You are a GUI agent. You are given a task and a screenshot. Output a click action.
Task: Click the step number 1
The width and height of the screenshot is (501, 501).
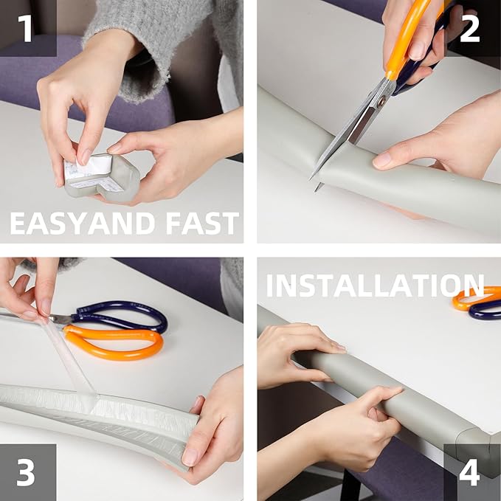25,28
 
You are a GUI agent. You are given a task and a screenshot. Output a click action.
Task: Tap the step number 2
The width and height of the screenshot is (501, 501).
470,28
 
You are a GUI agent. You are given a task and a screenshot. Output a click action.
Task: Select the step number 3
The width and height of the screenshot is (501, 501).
26,472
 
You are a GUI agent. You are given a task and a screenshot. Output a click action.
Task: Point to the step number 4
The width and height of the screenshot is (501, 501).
469,472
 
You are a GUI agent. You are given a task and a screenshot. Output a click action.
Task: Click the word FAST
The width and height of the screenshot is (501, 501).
202,224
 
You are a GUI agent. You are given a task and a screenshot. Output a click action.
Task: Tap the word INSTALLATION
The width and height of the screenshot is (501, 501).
375,285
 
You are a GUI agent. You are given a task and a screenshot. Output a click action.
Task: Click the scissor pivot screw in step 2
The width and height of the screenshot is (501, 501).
381,103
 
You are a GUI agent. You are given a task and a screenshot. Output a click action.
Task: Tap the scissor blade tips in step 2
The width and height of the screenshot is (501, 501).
315,183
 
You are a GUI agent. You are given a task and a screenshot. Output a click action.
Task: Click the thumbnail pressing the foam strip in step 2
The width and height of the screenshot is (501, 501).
381,160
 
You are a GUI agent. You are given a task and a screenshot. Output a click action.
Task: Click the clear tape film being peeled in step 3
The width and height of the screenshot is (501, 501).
69,357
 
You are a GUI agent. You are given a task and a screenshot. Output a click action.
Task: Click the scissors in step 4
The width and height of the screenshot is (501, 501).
477,303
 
